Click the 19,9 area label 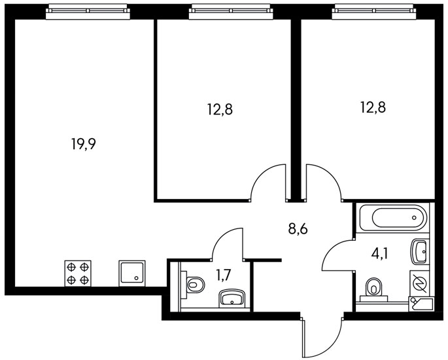tap(84, 144)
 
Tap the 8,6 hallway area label tap(298, 229)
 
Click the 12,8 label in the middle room tap(220, 109)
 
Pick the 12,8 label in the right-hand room tap(371, 107)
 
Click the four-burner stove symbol tap(77, 272)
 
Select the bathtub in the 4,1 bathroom tap(390, 217)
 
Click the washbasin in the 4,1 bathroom tap(419, 249)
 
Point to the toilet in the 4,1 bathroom tap(373, 288)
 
